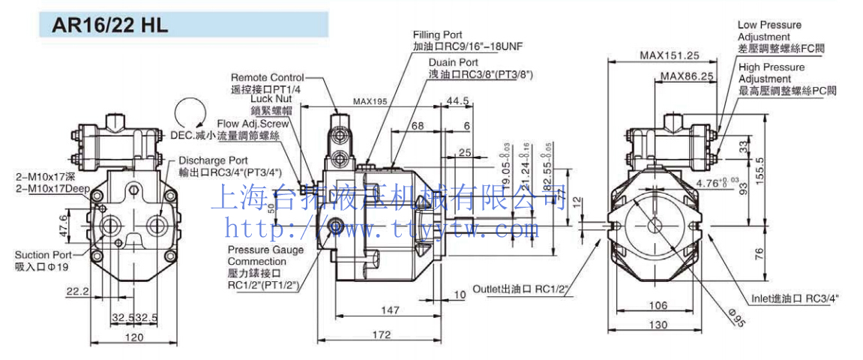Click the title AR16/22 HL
(x=109, y=25)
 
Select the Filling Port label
(x=437, y=35)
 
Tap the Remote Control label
(x=267, y=77)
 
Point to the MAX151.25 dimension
(x=669, y=55)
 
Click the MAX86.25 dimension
(x=687, y=76)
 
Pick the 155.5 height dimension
(x=760, y=170)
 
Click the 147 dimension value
(x=390, y=309)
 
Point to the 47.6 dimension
(x=64, y=223)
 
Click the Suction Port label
(x=42, y=255)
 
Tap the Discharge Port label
(x=213, y=160)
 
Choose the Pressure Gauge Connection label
(x=265, y=255)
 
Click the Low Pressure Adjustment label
(x=769, y=31)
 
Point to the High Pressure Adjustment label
(x=772, y=73)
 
